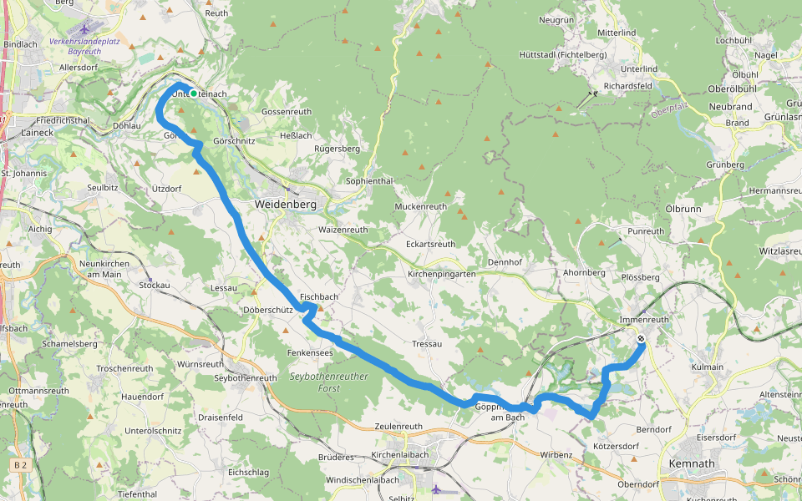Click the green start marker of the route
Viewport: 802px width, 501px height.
(194, 94)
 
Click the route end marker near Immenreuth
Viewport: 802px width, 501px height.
(641, 339)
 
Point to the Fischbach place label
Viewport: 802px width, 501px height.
(319, 297)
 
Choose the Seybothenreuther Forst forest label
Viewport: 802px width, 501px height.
(328, 382)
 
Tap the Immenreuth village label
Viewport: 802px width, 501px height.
(644, 320)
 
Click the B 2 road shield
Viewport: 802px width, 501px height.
(21, 463)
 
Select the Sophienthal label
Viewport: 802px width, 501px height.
(368, 181)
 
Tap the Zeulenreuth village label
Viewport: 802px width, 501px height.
(399, 427)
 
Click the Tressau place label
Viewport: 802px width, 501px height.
(426, 344)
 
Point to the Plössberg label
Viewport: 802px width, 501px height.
(641, 277)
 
